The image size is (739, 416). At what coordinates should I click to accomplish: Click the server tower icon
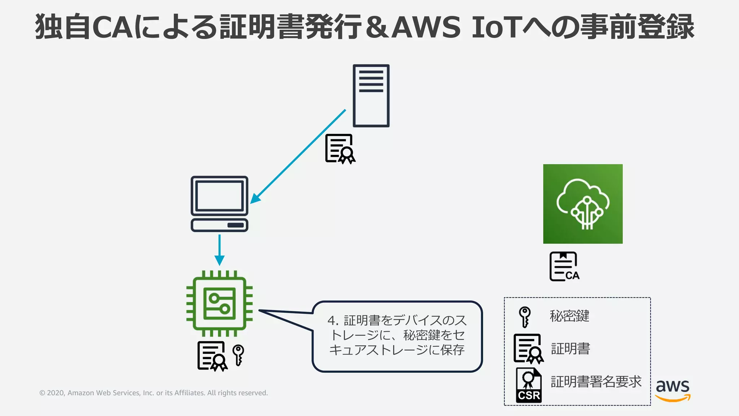click(371, 96)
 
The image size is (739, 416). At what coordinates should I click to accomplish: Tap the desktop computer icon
click(219, 204)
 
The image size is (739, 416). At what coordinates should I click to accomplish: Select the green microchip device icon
click(219, 304)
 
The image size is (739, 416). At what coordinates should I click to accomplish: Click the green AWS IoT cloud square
click(583, 204)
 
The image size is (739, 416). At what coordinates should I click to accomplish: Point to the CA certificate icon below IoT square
click(564, 266)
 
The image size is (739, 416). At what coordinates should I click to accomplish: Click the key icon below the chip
click(238, 355)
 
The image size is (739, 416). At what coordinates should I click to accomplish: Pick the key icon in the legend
click(525, 317)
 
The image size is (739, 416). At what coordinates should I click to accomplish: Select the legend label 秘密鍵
click(569, 316)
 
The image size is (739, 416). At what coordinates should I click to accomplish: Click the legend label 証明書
click(570, 348)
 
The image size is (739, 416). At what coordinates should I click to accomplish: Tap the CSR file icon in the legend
click(529, 385)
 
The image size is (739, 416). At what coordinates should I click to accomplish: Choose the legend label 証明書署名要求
click(596, 382)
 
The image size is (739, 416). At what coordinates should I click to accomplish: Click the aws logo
click(673, 390)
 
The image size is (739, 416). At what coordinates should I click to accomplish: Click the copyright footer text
click(153, 393)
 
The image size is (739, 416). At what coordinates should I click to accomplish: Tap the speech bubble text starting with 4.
click(397, 335)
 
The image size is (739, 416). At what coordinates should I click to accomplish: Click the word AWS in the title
click(426, 27)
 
